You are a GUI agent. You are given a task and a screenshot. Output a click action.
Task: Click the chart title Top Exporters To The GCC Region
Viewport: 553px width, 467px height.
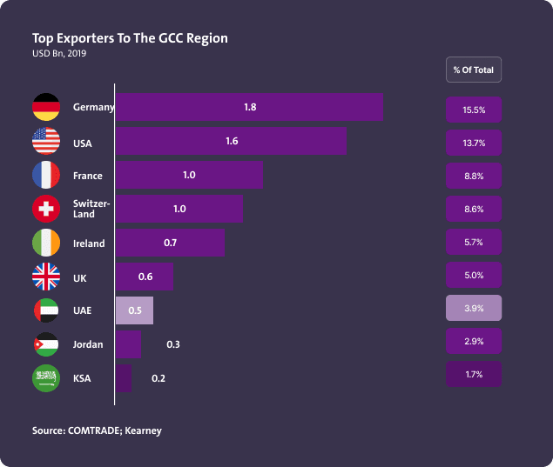tap(130, 38)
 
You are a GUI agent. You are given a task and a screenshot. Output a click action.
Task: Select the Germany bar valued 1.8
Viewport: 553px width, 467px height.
tap(249, 107)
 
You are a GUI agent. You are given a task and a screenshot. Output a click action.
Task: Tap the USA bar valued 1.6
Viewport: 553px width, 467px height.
tap(231, 141)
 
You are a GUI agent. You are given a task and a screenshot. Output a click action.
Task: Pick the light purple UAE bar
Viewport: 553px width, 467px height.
tap(135, 310)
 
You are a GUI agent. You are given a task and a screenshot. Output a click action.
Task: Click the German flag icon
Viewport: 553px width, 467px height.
tap(46, 107)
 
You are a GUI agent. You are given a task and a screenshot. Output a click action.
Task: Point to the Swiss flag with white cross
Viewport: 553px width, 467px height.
tap(46, 209)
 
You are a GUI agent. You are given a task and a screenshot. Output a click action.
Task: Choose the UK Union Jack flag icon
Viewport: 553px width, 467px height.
tap(46, 277)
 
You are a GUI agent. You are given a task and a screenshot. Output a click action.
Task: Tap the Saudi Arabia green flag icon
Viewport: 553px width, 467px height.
tap(46, 378)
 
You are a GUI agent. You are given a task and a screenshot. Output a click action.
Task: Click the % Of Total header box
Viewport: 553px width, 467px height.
tap(474, 70)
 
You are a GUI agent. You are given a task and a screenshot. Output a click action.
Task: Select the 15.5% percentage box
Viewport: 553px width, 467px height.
tap(474, 110)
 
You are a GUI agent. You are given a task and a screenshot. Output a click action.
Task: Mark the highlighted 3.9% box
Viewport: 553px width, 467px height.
tap(474, 308)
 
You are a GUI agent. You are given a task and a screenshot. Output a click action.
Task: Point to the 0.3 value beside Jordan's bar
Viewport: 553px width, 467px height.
tap(173, 345)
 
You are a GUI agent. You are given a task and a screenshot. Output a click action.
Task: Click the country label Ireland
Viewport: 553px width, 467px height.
tap(89, 244)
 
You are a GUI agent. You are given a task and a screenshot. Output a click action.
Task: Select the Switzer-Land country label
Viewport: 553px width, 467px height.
tap(91, 209)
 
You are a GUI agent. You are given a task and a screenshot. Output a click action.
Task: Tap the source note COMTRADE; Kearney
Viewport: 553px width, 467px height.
tap(97, 430)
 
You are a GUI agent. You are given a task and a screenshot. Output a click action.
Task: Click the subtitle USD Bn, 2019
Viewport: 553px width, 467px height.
tap(59, 54)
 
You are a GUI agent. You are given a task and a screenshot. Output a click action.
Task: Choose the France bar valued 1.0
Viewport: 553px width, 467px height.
tap(189, 175)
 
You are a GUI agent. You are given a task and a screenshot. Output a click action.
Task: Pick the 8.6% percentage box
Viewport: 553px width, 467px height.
tap(474, 210)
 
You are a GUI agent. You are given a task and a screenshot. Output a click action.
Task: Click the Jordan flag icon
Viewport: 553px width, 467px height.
tap(46, 344)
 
